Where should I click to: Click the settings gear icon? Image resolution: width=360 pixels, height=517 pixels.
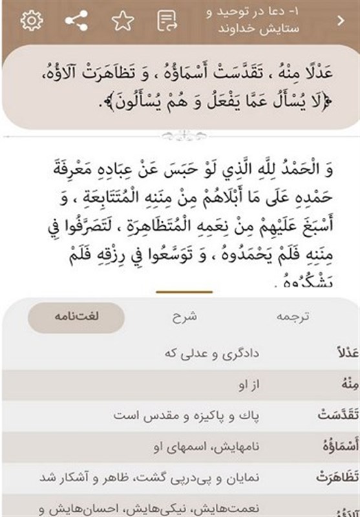coord(31,21)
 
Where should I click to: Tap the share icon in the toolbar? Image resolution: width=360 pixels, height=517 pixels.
coord(77,21)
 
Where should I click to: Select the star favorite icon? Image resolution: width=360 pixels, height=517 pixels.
coord(122,21)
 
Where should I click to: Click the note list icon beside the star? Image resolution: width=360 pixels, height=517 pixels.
coord(167,21)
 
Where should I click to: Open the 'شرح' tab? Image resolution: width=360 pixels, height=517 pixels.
coord(184,317)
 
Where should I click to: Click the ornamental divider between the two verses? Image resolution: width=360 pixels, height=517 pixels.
coord(180,136)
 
